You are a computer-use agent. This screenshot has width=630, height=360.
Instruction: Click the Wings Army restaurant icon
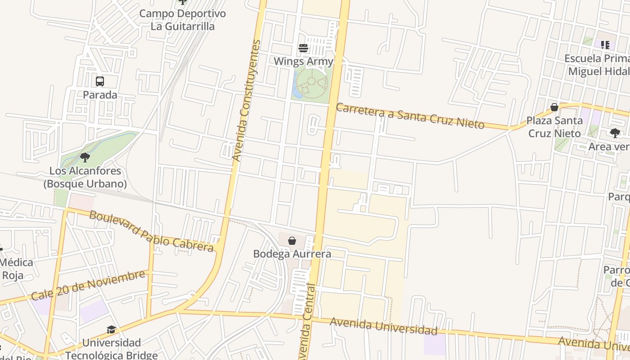[303, 48]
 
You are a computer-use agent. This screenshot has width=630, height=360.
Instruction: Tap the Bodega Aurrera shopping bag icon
[292, 241]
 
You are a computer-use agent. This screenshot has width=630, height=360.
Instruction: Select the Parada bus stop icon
[100, 81]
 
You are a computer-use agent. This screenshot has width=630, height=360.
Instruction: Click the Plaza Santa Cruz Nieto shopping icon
[554, 107]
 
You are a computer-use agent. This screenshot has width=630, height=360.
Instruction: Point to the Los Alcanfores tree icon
[85, 157]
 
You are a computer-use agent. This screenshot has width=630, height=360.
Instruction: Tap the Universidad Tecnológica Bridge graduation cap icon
[111, 330]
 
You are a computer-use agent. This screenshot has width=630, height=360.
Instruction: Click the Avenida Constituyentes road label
[246, 101]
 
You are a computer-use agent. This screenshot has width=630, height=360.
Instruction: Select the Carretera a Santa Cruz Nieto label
[410, 116]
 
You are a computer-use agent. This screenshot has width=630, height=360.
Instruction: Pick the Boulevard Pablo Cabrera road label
[151, 231]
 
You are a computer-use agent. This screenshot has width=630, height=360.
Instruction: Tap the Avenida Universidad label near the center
[383, 326]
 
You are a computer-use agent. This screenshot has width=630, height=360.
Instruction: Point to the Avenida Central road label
[306, 322]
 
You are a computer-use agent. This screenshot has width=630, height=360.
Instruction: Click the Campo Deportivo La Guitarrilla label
[182, 20]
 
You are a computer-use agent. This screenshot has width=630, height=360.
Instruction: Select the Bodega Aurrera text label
[292, 254]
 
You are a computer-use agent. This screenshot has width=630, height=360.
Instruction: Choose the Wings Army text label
[303, 61]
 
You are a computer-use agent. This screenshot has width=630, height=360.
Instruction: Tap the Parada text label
[100, 95]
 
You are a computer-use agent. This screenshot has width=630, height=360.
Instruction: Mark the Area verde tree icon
[615, 133]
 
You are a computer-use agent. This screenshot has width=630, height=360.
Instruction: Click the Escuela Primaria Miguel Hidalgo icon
[605, 45]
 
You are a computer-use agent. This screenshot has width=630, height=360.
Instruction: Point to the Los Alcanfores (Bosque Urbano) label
[85, 177]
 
